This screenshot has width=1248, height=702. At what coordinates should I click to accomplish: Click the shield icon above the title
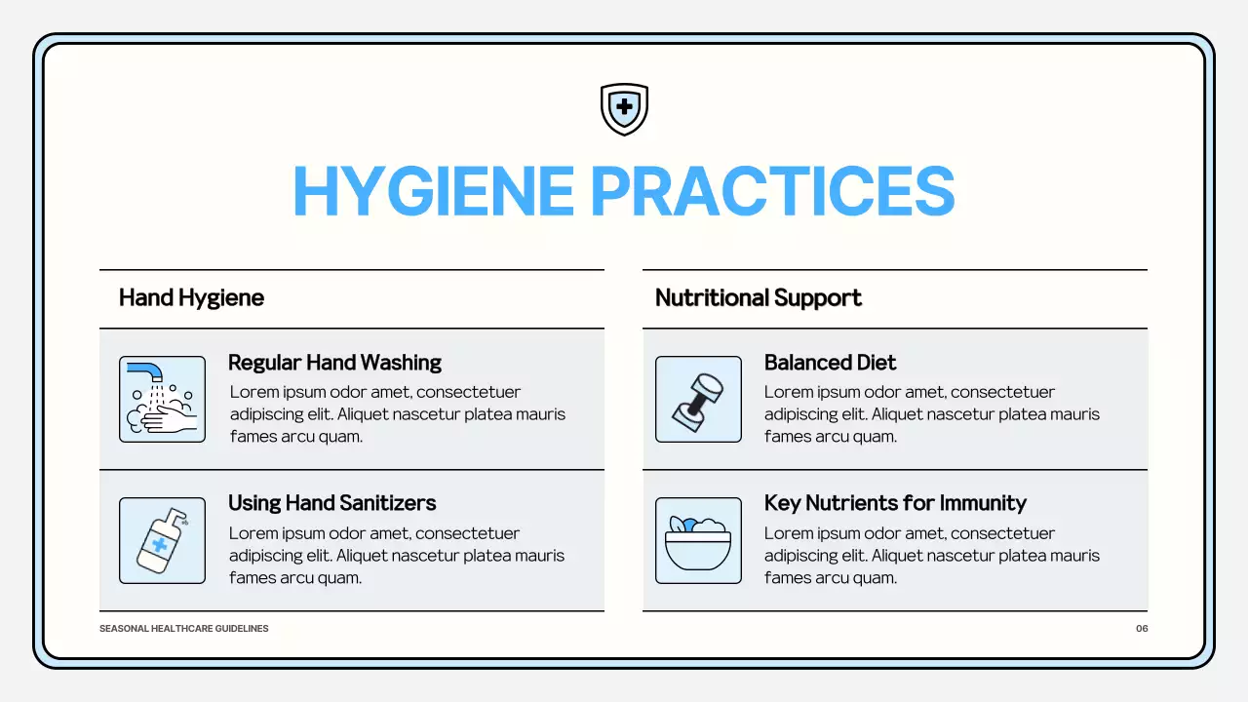pos(624,108)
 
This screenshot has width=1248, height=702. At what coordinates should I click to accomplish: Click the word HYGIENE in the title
pos(433,191)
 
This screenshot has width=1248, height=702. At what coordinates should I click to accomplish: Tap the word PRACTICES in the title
pos(772,191)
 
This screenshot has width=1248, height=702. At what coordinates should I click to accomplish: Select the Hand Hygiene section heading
pos(191,297)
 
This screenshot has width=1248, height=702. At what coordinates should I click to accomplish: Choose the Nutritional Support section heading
pos(758,297)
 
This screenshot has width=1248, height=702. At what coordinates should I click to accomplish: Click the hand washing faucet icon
pos(162,399)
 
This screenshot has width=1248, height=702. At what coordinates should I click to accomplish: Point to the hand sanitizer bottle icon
pos(162,540)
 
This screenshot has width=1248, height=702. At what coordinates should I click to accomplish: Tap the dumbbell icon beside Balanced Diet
pos(698,399)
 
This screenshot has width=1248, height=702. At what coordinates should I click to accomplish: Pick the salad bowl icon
pos(698,540)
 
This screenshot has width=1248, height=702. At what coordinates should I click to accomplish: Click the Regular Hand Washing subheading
pos(334,363)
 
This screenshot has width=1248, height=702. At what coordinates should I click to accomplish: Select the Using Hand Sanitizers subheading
pos(331,503)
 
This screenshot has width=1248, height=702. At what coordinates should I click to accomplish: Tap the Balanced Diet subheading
pos(830,363)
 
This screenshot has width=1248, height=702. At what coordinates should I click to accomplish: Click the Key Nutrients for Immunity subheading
pos(895,503)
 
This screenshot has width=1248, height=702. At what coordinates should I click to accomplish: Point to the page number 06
pos(1142,629)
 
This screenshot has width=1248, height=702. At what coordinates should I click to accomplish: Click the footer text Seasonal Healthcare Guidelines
pos(183,629)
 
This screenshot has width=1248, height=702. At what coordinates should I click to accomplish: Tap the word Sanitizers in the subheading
pos(386,503)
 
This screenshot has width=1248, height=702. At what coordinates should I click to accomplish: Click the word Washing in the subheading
pos(401,363)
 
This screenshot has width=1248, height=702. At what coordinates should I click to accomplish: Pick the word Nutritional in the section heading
pos(711,297)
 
